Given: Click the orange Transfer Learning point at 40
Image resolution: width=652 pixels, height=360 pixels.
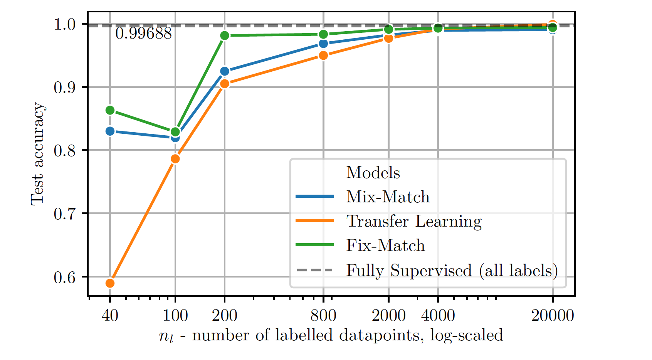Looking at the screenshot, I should pyautogui.click(x=110, y=283).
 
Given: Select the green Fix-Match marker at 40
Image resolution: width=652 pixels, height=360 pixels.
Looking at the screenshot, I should pyautogui.click(x=110, y=111).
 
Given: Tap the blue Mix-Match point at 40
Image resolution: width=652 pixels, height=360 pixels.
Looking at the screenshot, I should pyautogui.click(x=110, y=131).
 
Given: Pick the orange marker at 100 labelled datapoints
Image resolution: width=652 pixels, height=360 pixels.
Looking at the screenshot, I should pyautogui.click(x=175, y=159).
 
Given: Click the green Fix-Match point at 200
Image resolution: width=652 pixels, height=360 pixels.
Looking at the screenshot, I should pyautogui.click(x=225, y=35).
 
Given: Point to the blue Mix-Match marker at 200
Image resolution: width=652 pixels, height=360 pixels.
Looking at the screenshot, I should pyautogui.click(x=225, y=71).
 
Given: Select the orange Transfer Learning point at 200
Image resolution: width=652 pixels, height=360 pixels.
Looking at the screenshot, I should pyautogui.click(x=225, y=84).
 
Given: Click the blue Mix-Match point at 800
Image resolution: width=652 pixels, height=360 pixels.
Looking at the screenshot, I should pyautogui.click(x=323, y=44).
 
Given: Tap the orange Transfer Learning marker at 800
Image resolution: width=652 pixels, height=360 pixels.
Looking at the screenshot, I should pyautogui.click(x=323, y=56).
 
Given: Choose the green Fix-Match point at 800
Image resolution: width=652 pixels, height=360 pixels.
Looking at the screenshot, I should pyautogui.click(x=323, y=34).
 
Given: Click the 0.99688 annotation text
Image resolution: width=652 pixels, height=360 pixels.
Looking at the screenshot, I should pyautogui.click(x=143, y=34).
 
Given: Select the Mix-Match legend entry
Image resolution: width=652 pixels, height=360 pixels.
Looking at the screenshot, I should pyautogui.click(x=387, y=197).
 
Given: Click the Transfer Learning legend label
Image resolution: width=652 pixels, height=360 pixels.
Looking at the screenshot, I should pyautogui.click(x=413, y=221).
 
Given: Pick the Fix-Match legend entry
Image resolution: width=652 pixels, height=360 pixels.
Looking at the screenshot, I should pyautogui.click(x=385, y=246).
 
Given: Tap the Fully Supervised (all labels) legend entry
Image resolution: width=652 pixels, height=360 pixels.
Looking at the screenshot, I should pyautogui.click(x=452, y=270).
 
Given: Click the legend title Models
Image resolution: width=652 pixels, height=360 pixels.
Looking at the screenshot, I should pyautogui.click(x=373, y=173).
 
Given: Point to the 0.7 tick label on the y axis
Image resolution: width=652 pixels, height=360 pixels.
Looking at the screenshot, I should pyautogui.click(x=64, y=214).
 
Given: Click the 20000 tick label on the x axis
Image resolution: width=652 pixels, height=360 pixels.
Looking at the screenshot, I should pyautogui.click(x=553, y=316).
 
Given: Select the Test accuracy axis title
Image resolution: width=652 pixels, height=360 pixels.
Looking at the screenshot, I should pyautogui.click(x=38, y=153).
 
